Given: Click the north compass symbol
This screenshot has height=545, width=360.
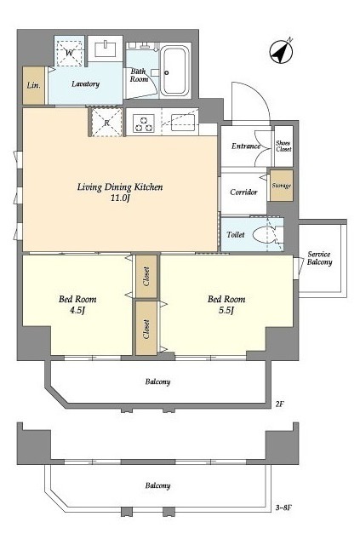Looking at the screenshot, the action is pos(281,52).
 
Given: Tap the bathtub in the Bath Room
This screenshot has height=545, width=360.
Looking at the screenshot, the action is pos(174,71).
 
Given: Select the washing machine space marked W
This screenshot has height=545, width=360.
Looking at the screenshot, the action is pos(70,53).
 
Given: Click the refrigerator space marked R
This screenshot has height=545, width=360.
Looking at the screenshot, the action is pos(106,123).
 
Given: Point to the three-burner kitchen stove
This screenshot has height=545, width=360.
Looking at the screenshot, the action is pos(144,123).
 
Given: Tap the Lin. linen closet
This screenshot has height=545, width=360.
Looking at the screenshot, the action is pos(33,85).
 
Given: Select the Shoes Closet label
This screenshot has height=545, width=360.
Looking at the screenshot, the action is pos(283,146).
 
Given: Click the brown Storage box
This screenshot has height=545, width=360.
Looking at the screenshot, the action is pos(282,186).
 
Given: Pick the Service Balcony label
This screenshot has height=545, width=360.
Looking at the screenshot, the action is pos(319,258).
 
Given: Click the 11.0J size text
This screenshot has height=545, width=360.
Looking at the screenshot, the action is pos(120,198).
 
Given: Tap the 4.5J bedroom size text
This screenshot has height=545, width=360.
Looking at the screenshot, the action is pos(77,310).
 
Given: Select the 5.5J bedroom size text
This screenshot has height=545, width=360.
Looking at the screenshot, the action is pos(226,310).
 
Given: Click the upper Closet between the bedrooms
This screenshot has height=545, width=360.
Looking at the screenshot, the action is pos(146,277).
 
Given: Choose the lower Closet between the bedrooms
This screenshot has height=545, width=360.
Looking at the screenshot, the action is pos(146,329).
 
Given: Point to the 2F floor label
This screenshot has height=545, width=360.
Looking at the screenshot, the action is pos(280,404).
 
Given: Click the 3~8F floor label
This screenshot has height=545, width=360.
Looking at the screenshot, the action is pos(283,508).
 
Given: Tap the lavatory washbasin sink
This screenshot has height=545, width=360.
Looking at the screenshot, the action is pos(106,49).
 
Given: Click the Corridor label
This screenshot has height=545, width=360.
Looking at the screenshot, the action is pos(243,192).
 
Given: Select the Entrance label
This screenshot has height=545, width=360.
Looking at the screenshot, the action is pos(246,146).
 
